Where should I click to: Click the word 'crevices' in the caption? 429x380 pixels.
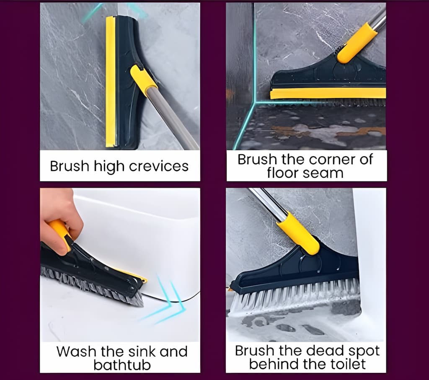tap(158, 166)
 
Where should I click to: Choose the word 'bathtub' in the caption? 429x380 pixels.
tap(122, 365)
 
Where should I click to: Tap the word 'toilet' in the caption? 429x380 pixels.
tap(348, 364)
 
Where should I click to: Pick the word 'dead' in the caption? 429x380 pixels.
tap(322, 350)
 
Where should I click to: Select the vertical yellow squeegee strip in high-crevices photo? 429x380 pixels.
tap(110, 82)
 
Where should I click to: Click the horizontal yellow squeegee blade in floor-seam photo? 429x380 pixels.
tap(328, 93)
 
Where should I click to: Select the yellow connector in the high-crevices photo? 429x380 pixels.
tap(143, 80)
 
